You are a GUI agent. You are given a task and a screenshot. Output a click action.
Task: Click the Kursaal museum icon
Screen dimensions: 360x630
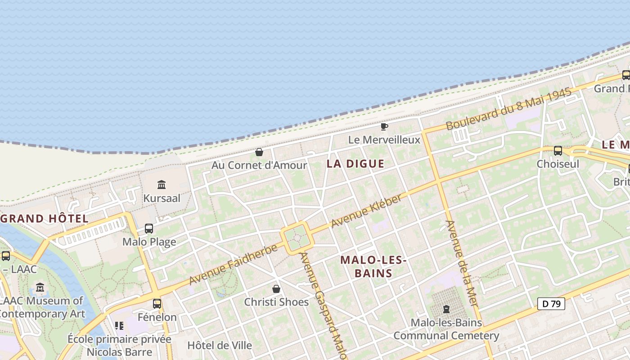coord(162,184)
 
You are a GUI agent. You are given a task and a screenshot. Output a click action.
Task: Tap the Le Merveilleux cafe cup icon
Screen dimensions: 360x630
coord(384,126)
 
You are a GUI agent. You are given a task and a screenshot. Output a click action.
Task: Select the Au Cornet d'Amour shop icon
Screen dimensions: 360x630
coord(259,152)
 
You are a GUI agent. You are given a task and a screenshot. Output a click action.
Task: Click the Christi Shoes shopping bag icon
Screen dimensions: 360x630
coord(276,289)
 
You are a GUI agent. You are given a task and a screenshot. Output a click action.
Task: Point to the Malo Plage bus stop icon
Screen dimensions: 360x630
coord(149,229)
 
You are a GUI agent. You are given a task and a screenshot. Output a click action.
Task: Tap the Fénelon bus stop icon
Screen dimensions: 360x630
coord(157,304)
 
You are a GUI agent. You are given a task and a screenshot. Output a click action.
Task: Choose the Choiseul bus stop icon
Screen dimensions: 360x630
coord(558,151)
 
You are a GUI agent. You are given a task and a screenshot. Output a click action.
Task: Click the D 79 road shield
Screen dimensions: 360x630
coord(551,304)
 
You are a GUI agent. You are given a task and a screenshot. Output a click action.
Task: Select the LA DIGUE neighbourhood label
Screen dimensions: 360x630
coord(355,164)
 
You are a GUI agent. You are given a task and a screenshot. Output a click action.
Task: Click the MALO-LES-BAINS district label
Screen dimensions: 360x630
coord(373,266)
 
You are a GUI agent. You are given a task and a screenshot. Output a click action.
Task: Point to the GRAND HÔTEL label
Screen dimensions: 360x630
coord(44,219)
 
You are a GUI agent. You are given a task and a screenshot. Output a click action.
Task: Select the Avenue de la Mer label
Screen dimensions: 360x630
coord(462,263)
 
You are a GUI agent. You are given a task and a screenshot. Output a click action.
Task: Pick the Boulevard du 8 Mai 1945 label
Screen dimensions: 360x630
coord(508,108)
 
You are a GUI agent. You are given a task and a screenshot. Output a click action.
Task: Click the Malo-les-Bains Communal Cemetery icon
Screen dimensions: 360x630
coord(446,309)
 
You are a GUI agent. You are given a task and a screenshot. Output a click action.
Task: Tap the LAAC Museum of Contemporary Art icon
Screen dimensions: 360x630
coord(40,287)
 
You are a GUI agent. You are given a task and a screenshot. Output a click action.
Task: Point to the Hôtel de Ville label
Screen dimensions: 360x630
coord(220,346)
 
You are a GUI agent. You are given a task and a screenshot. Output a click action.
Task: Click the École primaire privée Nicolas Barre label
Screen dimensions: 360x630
coord(119,345)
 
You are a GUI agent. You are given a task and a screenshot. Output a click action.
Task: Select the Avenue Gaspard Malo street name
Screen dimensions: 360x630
coord(323,306)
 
